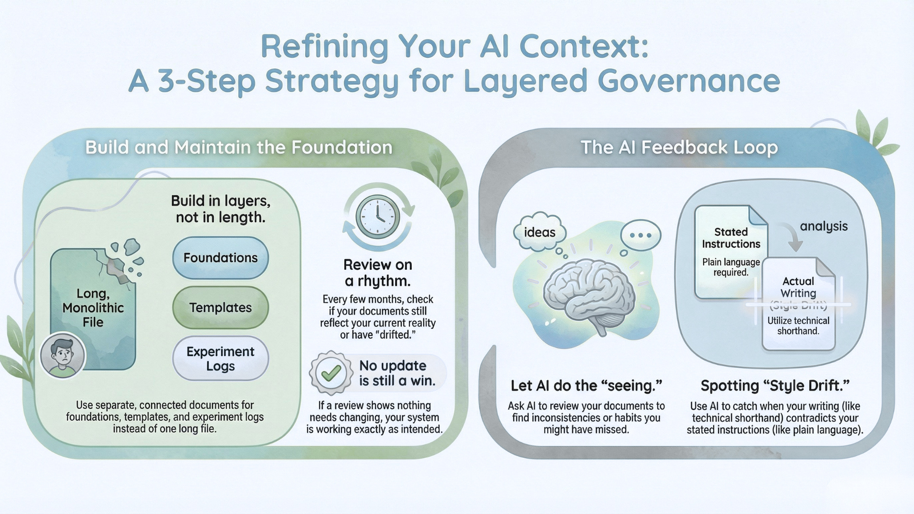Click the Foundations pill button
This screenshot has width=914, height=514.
point(220,258)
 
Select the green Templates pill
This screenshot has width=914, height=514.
point(220,308)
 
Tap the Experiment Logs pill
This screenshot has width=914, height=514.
point(220,358)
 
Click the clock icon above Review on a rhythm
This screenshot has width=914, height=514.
point(378,217)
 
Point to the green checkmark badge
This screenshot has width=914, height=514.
point(331,373)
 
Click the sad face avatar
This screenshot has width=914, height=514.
point(63,355)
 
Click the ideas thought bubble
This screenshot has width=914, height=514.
point(540,232)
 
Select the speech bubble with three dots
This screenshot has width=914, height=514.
point(640,235)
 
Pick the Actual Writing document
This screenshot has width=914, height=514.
point(798,305)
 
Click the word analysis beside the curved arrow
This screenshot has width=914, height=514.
point(824,226)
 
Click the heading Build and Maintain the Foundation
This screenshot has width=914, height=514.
point(239,148)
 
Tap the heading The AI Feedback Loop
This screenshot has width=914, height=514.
point(679,148)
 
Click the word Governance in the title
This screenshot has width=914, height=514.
point(688,81)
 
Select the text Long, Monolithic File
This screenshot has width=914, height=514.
point(93,308)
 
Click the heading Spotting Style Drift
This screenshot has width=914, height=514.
point(775,385)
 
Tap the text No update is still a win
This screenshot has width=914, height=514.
point(397,373)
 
